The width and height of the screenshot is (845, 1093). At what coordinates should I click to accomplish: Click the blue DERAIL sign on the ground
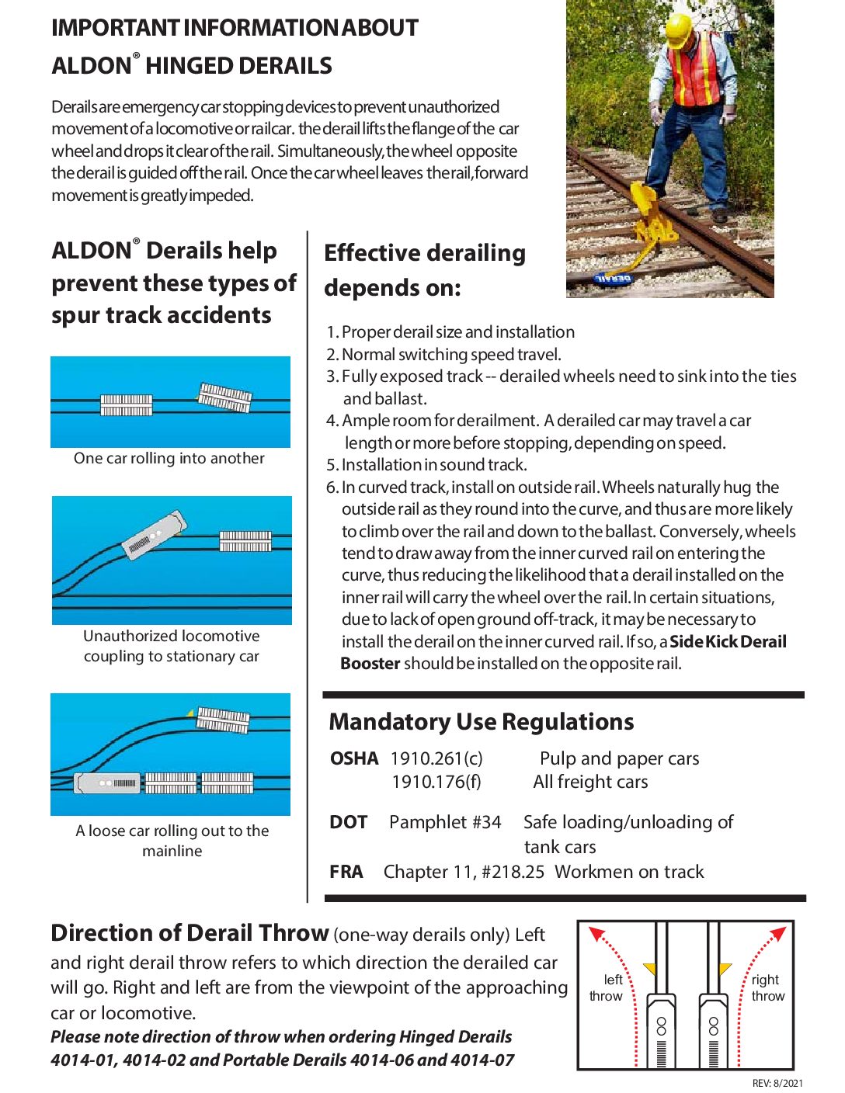pos(614,277)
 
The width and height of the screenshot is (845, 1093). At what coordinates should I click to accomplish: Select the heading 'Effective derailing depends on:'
pos(425,270)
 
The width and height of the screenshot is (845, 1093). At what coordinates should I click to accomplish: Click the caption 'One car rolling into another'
pos(169,459)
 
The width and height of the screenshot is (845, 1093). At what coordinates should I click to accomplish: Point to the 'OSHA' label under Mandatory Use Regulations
pos(354,758)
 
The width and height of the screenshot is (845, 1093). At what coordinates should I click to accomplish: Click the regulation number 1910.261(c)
pos(436,758)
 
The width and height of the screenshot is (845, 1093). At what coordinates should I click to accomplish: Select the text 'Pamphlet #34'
pos(445,822)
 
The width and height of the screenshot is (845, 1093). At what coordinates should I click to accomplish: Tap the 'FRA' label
pos(346,872)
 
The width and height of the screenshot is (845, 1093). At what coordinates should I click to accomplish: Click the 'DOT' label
pos(349,822)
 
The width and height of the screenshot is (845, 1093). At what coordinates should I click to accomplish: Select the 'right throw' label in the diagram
pos(767,987)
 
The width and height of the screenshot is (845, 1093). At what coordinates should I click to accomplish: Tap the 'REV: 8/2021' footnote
pos(777,1083)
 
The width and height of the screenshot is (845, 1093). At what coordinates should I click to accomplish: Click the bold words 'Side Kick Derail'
pos(728,642)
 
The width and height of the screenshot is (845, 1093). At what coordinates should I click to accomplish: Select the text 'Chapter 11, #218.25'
pos(464,872)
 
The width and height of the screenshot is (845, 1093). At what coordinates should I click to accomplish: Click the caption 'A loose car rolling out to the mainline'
pos(172,841)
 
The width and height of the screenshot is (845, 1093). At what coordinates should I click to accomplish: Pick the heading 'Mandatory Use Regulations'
pos(482,722)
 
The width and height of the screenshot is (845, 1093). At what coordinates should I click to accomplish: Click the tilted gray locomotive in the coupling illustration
pos(155,535)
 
